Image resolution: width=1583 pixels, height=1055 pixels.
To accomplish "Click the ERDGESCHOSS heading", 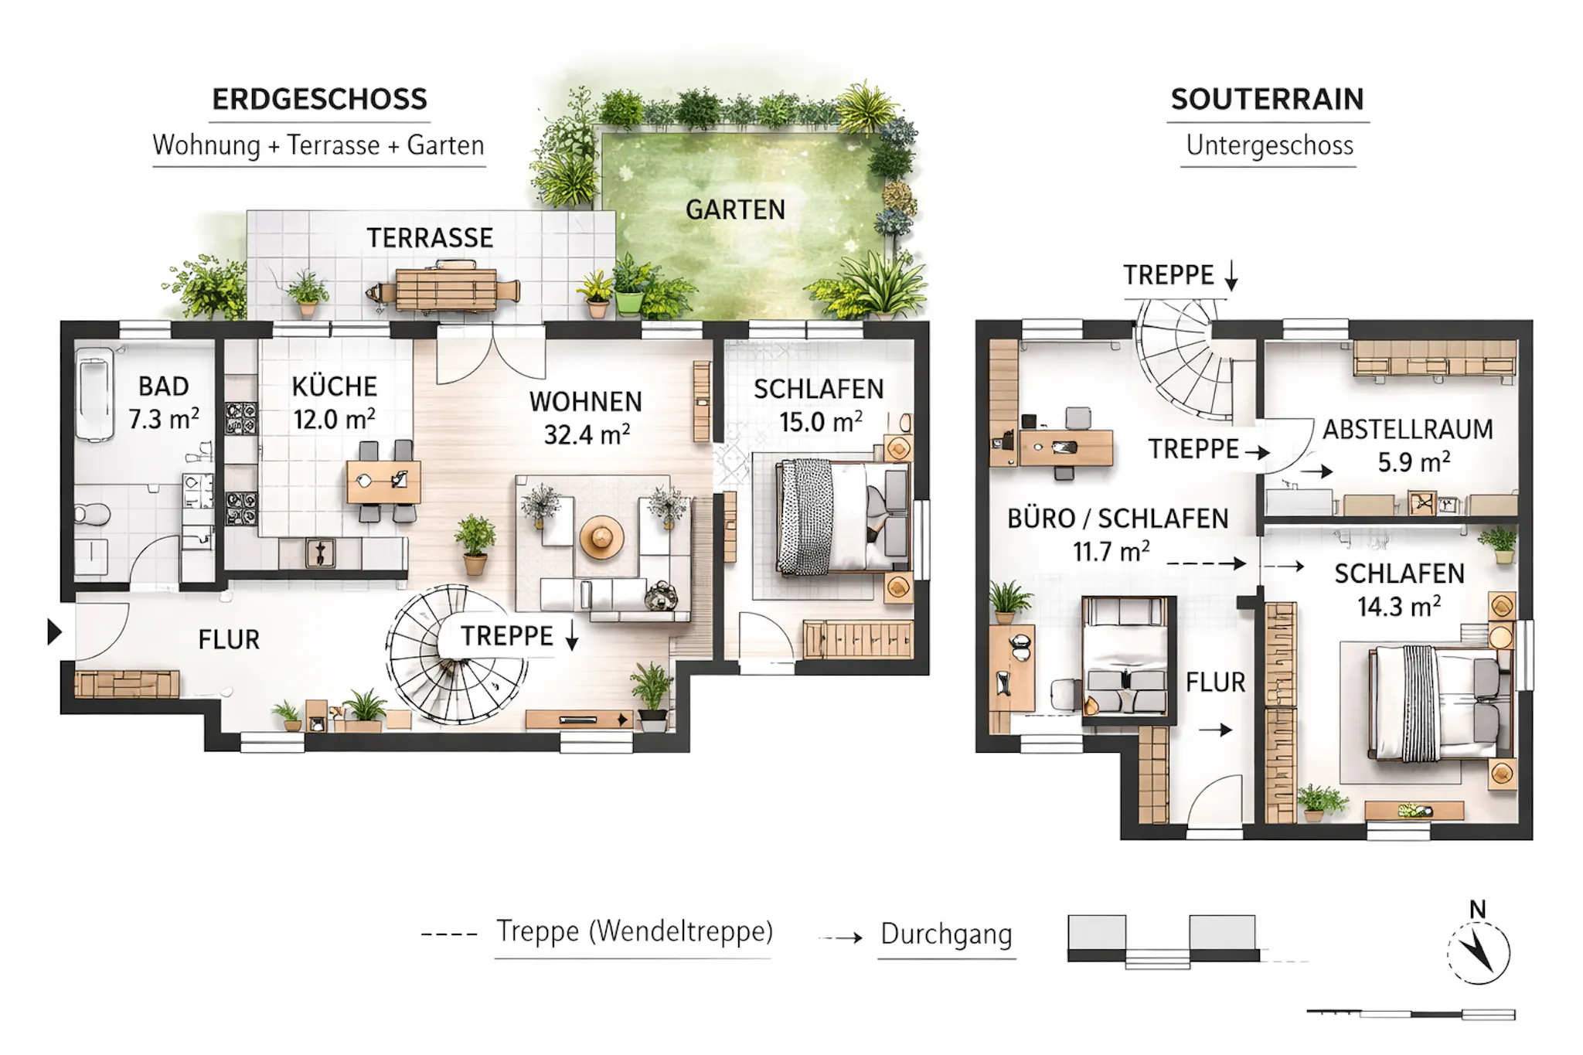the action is (x=319, y=100).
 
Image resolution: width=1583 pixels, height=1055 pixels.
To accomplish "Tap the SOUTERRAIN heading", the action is (x=1267, y=100).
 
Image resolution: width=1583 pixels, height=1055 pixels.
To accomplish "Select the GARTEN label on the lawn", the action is (x=735, y=209).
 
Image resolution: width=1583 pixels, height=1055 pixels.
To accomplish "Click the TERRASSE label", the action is (x=430, y=238).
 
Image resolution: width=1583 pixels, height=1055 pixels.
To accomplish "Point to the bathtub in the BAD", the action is (x=96, y=394).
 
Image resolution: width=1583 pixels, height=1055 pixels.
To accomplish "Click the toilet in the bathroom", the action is (x=91, y=513).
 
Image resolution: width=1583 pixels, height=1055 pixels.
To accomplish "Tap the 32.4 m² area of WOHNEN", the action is (x=587, y=434).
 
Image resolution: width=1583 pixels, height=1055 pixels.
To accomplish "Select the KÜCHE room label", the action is (x=335, y=386).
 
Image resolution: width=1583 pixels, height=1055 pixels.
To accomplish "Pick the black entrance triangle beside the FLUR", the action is (x=54, y=631).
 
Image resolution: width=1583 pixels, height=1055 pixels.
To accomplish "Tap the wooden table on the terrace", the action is (x=446, y=289).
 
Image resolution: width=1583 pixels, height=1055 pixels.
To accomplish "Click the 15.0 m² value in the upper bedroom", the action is (x=821, y=422).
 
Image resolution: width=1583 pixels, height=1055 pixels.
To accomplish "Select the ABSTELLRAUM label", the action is (x=1408, y=430).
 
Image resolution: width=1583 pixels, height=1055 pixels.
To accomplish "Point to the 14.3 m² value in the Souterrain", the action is (x=1399, y=606).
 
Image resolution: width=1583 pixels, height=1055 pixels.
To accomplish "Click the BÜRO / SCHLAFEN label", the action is (x=1118, y=519).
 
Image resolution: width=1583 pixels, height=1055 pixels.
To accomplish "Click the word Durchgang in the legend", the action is (x=946, y=934).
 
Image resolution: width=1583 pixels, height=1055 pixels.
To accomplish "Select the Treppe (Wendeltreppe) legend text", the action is (x=634, y=931).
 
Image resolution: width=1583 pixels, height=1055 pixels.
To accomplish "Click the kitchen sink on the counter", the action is (x=320, y=553).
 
